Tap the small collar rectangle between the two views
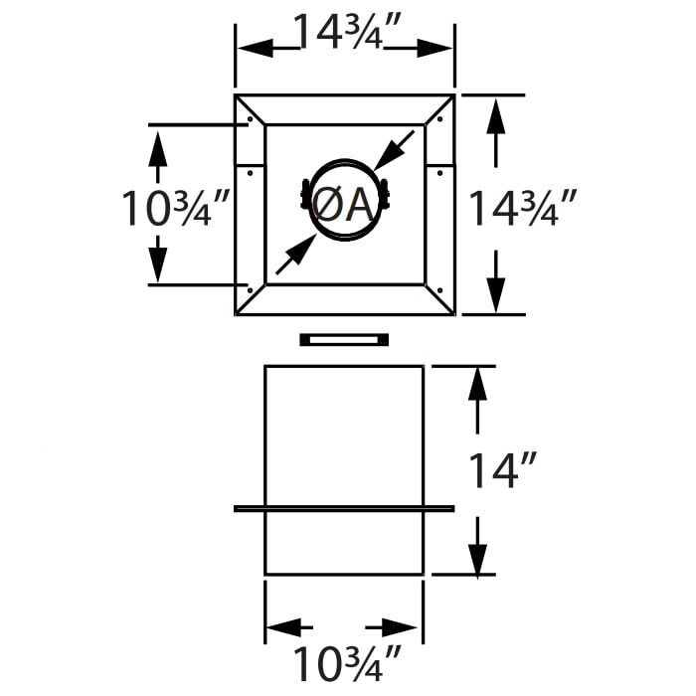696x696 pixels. tap(344, 339)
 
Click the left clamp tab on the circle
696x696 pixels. tap(304, 196)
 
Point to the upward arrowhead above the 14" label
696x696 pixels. tap(479, 384)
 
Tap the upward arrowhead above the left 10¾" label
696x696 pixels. tap(157, 146)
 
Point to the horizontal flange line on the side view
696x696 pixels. tap(344, 508)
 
